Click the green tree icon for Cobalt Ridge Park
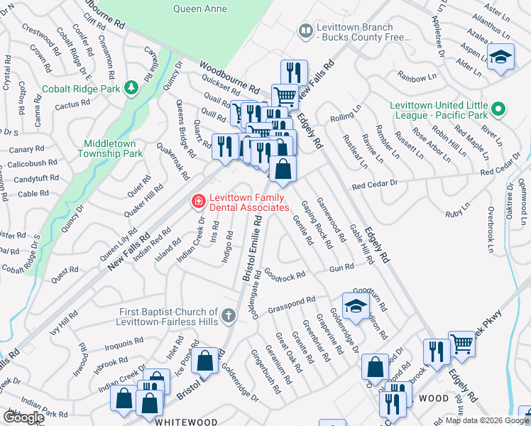pos(131,87)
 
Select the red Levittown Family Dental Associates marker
pos(197,202)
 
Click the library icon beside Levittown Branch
pos(305,31)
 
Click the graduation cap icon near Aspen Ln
pos(501,58)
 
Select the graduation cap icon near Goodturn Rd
pos(355,305)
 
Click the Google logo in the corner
pos(23,417)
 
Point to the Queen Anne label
pos(201,9)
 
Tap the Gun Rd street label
pos(341,268)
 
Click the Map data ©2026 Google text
pos(486,420)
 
